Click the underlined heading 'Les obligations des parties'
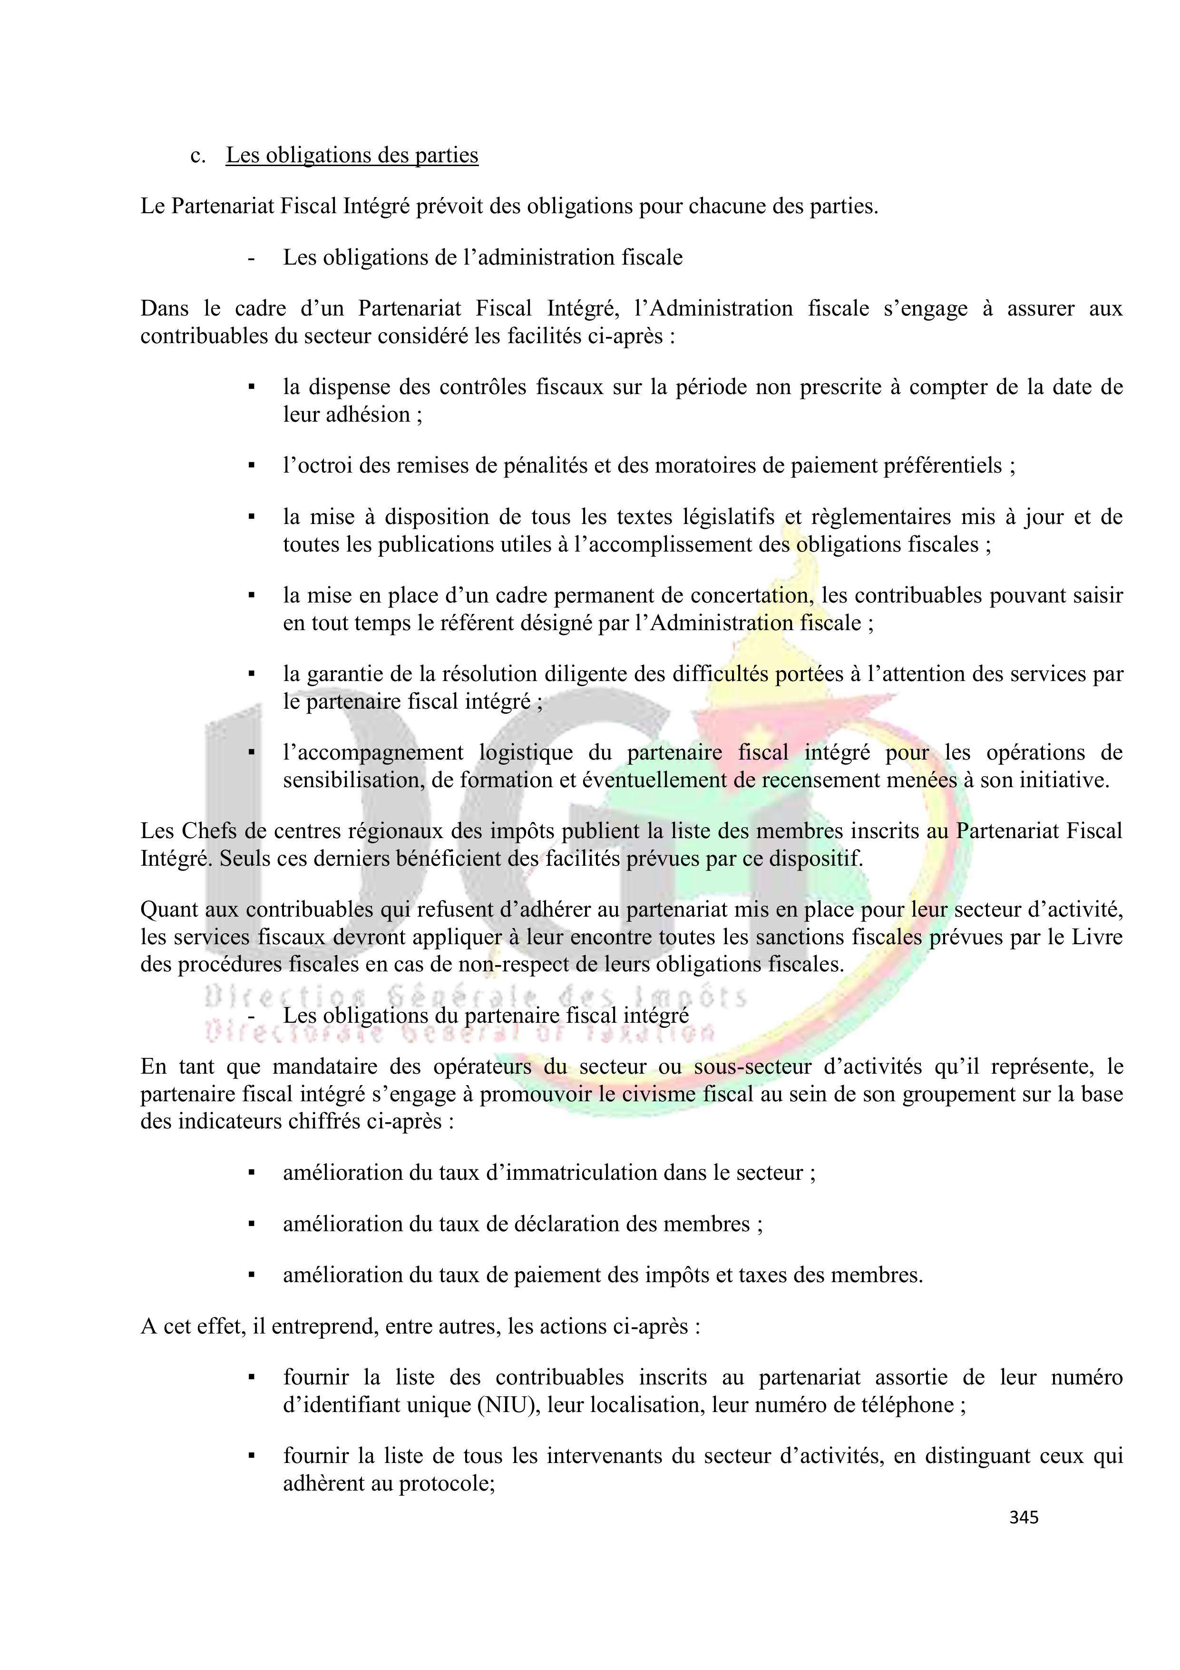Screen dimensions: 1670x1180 tap(352, 155)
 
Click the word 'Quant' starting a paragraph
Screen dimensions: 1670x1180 tap(168, 909)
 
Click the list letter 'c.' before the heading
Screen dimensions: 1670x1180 tap(198, 156)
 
